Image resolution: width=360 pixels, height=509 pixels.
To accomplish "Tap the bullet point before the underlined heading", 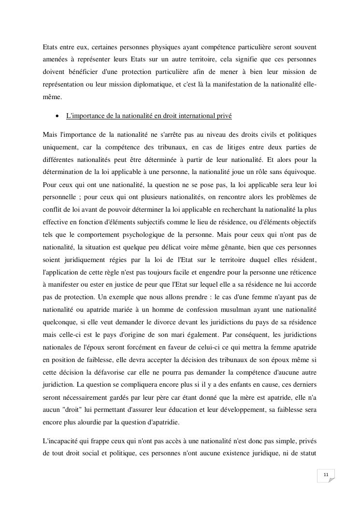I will tap(58, 116).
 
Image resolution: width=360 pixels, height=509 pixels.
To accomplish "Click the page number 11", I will tap(326, 475).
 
